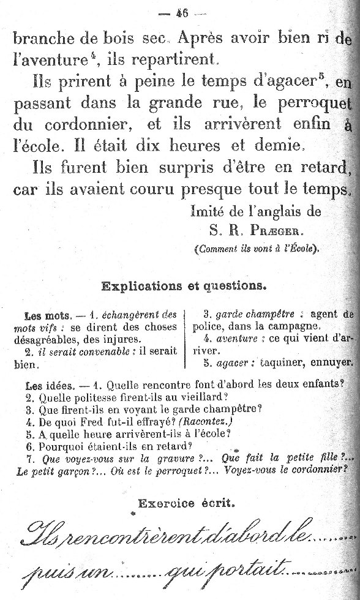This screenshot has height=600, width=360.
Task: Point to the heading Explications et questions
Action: (x=183, y=285)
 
